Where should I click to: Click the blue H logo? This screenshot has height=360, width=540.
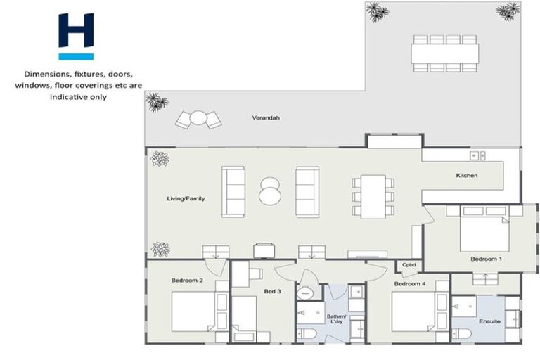coord(76,36)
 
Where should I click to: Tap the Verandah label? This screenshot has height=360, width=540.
coord(266,118)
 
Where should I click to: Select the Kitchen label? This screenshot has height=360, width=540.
coord(467,175)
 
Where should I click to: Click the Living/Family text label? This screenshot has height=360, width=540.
coord(186,199)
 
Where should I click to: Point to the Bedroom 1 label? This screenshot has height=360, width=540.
coord(487,259)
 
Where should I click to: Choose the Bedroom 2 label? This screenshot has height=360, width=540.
coord(187,281)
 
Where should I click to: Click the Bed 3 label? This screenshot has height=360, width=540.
coord(272,291)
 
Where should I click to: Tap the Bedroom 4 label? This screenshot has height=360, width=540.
coord(409,284)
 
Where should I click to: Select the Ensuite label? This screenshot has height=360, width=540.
coord(489,321)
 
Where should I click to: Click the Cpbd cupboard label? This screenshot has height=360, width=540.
coord(409,265)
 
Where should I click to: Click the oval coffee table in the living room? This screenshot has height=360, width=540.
coord(270,191)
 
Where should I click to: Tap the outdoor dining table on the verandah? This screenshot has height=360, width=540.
coord(444,53)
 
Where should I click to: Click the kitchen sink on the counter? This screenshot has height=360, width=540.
coord(477,155)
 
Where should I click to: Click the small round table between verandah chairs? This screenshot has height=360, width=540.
coord(199,118)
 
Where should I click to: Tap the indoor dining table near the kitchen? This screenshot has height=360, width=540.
coord(373,195)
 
